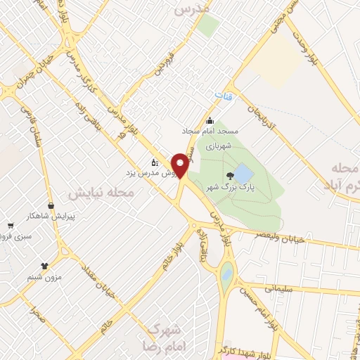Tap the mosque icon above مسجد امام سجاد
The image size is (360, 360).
tap(210, 120)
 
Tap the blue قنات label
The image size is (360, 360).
tap(223, 93)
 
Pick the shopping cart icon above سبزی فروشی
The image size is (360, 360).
tap(11, 226)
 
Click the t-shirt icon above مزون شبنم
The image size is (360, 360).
tap(45, 266)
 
